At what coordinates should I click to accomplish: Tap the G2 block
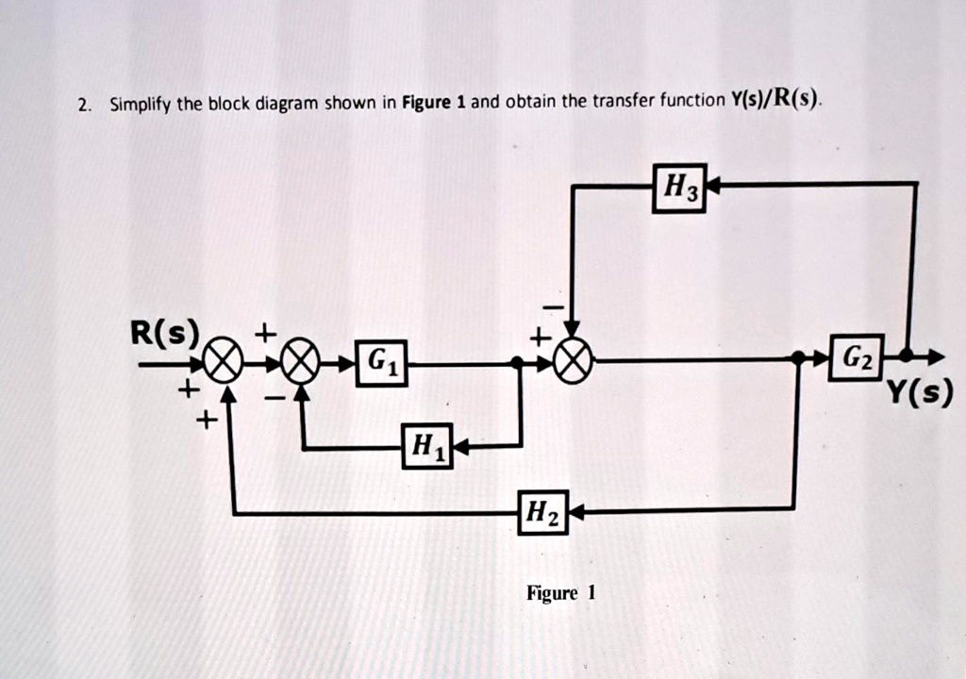(x=856, y=357)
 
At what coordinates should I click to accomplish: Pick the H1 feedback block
(x=427, y=446)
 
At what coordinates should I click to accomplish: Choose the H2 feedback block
(x=543, y=512)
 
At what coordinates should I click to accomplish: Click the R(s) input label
(x=165, y=332)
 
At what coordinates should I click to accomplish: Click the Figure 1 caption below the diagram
(x=561, y=593)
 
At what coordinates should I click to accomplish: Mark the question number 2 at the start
(x=84, y=104)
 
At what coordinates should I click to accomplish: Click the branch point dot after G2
(x=905, y=356)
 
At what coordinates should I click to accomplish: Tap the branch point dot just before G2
(x=798, y=358)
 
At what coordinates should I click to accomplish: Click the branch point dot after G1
(x=517, y=362)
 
